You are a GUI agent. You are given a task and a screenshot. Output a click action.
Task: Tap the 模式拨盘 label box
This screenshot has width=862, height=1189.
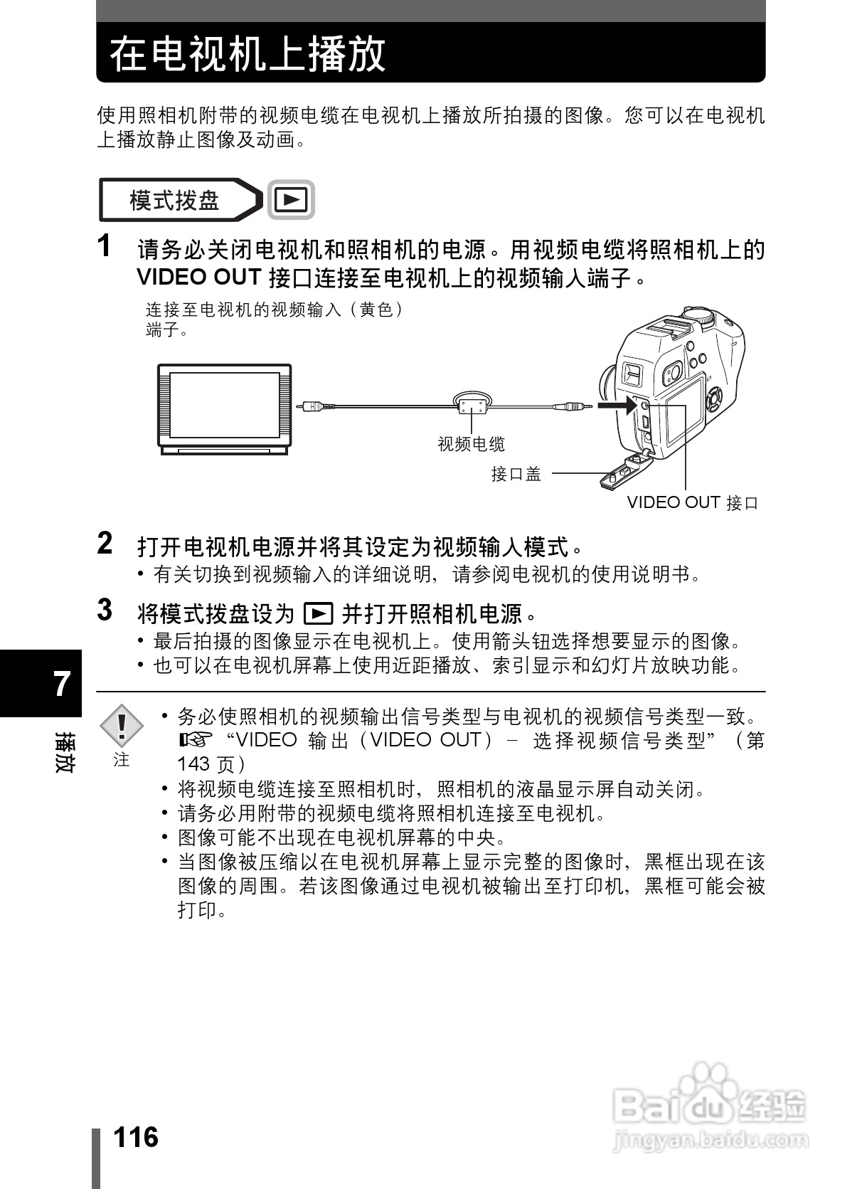tap(175, 200)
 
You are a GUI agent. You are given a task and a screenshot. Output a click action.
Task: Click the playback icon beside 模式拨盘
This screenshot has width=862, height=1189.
tap(291, 200)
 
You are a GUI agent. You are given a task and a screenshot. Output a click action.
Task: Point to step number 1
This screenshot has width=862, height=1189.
tap(105, 246)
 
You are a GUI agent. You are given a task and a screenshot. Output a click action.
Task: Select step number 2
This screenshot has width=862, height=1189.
tap(105, 543)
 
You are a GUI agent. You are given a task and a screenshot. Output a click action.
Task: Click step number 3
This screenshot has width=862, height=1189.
tap(105, 610)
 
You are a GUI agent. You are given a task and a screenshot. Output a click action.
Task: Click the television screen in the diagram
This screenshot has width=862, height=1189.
tap(224, 407)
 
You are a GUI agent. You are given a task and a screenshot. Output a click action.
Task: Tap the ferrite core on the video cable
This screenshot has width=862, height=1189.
tap(472, 406)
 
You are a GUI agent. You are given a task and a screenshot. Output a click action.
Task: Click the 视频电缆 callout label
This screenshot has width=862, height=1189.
tap(471, 445)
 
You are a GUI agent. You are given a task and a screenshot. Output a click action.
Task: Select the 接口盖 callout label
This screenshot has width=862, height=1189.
tap(516, 474)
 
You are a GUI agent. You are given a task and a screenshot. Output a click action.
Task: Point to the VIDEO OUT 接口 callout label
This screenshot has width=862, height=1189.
tap(692, 503)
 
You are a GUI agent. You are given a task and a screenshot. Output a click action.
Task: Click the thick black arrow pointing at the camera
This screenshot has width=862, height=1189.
tap(615, 406)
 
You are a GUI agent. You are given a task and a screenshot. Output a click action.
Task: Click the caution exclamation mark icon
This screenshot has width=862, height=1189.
tap(122, 725)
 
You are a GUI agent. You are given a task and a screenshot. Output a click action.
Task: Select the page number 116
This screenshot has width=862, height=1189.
tap(136, 1136)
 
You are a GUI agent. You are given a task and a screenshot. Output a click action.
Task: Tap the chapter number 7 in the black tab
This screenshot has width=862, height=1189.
tap(63, 684)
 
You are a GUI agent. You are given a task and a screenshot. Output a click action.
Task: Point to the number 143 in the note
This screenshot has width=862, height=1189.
tap(193, 764)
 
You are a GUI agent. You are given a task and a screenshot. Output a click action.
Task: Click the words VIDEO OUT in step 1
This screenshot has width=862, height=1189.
tap(201, 277)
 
